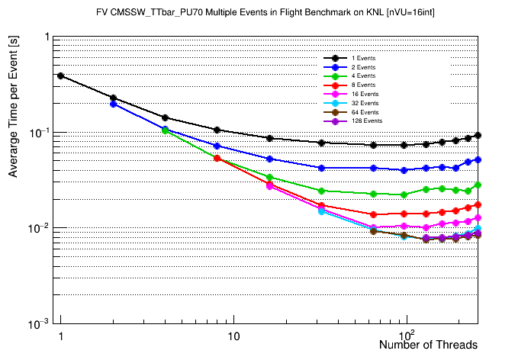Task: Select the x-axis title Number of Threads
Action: [x=428, y=345]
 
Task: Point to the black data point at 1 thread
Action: [x=60, y=76]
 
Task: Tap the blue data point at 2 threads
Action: [x=113, y=104]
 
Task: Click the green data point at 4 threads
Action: [x=165, y=130]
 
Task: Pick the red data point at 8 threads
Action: [x=217, y=158]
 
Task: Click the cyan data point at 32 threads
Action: [x=322, y=211]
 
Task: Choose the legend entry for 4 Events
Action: [x=362, y=76]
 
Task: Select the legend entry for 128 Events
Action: [x=365, y=121]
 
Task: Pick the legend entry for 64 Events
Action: [x=364, y=111]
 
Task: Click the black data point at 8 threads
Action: [x=217, y=130]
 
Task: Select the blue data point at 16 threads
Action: [x=269, y=159]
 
